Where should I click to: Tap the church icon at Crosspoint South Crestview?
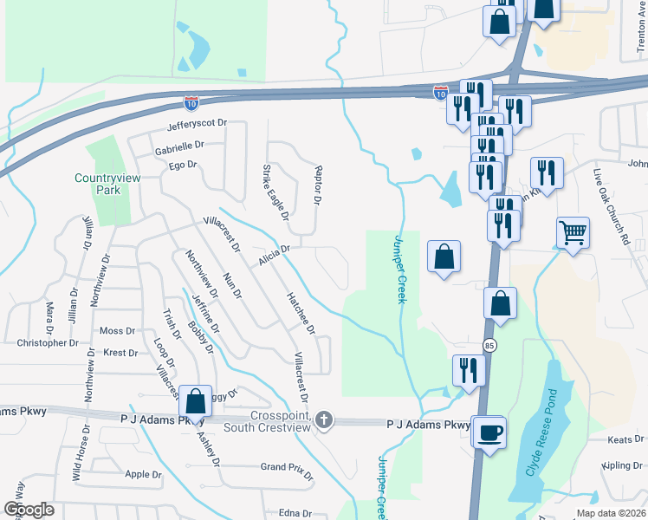(324, 420)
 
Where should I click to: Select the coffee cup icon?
(490, 432)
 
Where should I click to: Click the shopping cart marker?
(573, 231)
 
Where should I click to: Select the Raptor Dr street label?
(318, 185)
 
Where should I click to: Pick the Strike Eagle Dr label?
(275, 192)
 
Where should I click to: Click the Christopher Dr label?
(48, 343)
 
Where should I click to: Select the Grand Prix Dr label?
(285, 467)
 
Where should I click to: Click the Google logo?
(29, 510)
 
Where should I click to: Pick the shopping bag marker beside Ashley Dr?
(196, 400)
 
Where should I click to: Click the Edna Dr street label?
(295, 513)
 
